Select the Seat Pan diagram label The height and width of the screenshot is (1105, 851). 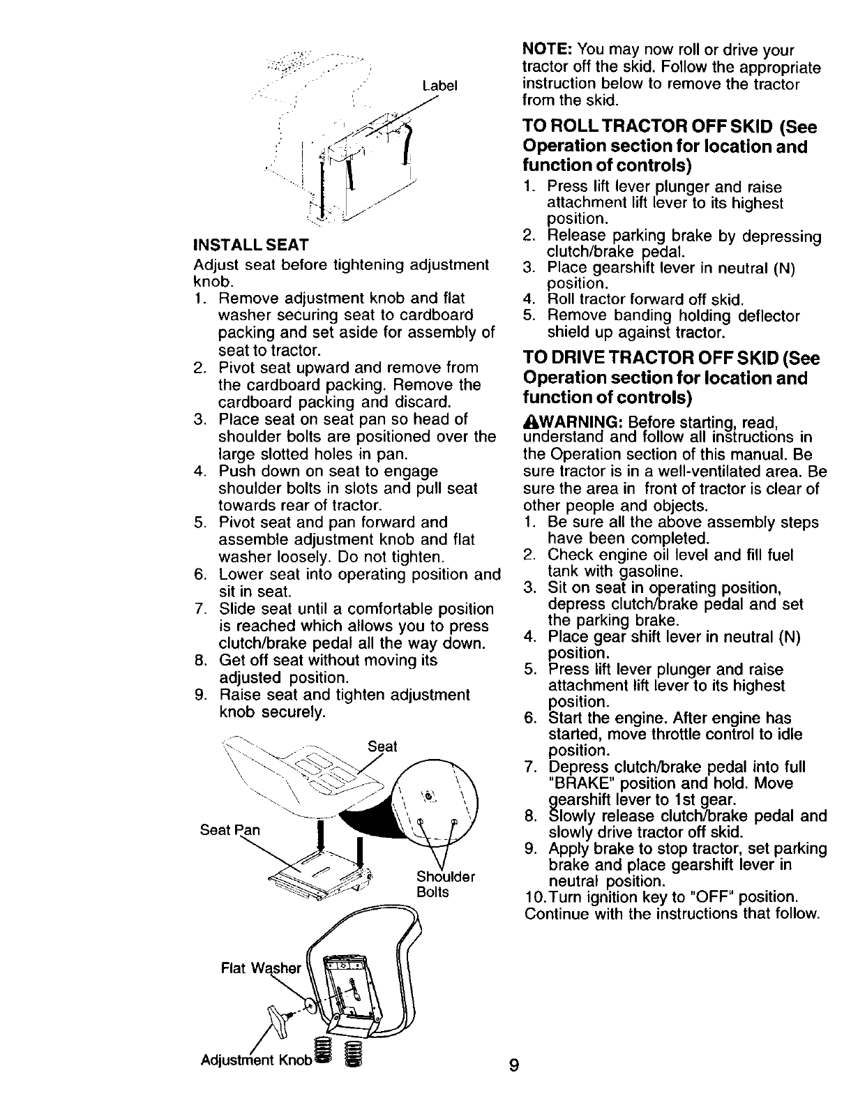[229, 830]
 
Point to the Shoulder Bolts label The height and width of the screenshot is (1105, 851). [445, 884]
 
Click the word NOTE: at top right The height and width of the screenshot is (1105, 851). [548, 51]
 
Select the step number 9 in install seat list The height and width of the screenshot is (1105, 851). [199, 696]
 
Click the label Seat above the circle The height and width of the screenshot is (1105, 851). [382, 746]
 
